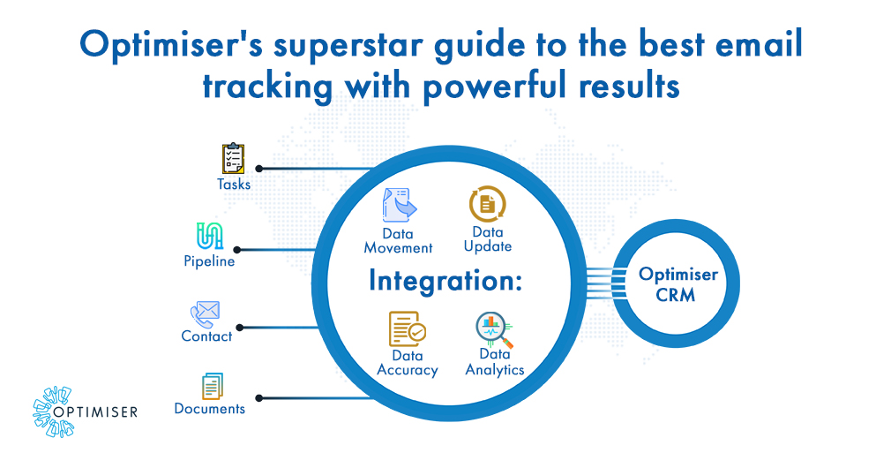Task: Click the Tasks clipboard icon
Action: [233, 159]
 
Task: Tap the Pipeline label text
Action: [209, 261]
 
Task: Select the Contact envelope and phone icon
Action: [205, 313]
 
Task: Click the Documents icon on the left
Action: [212, 385]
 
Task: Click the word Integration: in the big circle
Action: [445, 281]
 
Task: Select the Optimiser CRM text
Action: [678, 284]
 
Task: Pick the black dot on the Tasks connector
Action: [258, 168]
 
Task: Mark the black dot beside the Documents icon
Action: [258, 398]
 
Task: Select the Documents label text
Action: [209, 409]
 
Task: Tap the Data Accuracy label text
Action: [407, 363]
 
